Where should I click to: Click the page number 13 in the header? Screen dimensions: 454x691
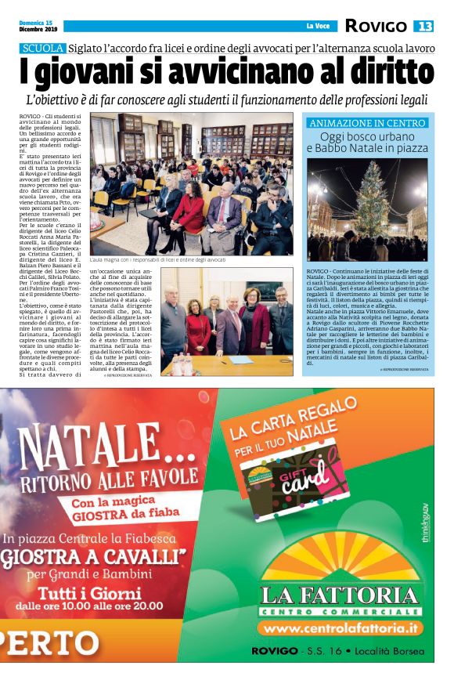click(423, 26)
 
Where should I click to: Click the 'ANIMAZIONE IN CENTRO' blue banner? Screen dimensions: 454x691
click(367, 123)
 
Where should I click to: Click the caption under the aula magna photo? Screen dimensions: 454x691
click(157, 259)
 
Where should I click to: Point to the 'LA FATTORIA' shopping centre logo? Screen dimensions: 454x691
click(339, 598)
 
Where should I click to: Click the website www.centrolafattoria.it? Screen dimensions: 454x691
click(339, 628)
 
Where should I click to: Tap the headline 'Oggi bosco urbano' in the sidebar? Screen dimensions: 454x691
click(367, 136)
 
